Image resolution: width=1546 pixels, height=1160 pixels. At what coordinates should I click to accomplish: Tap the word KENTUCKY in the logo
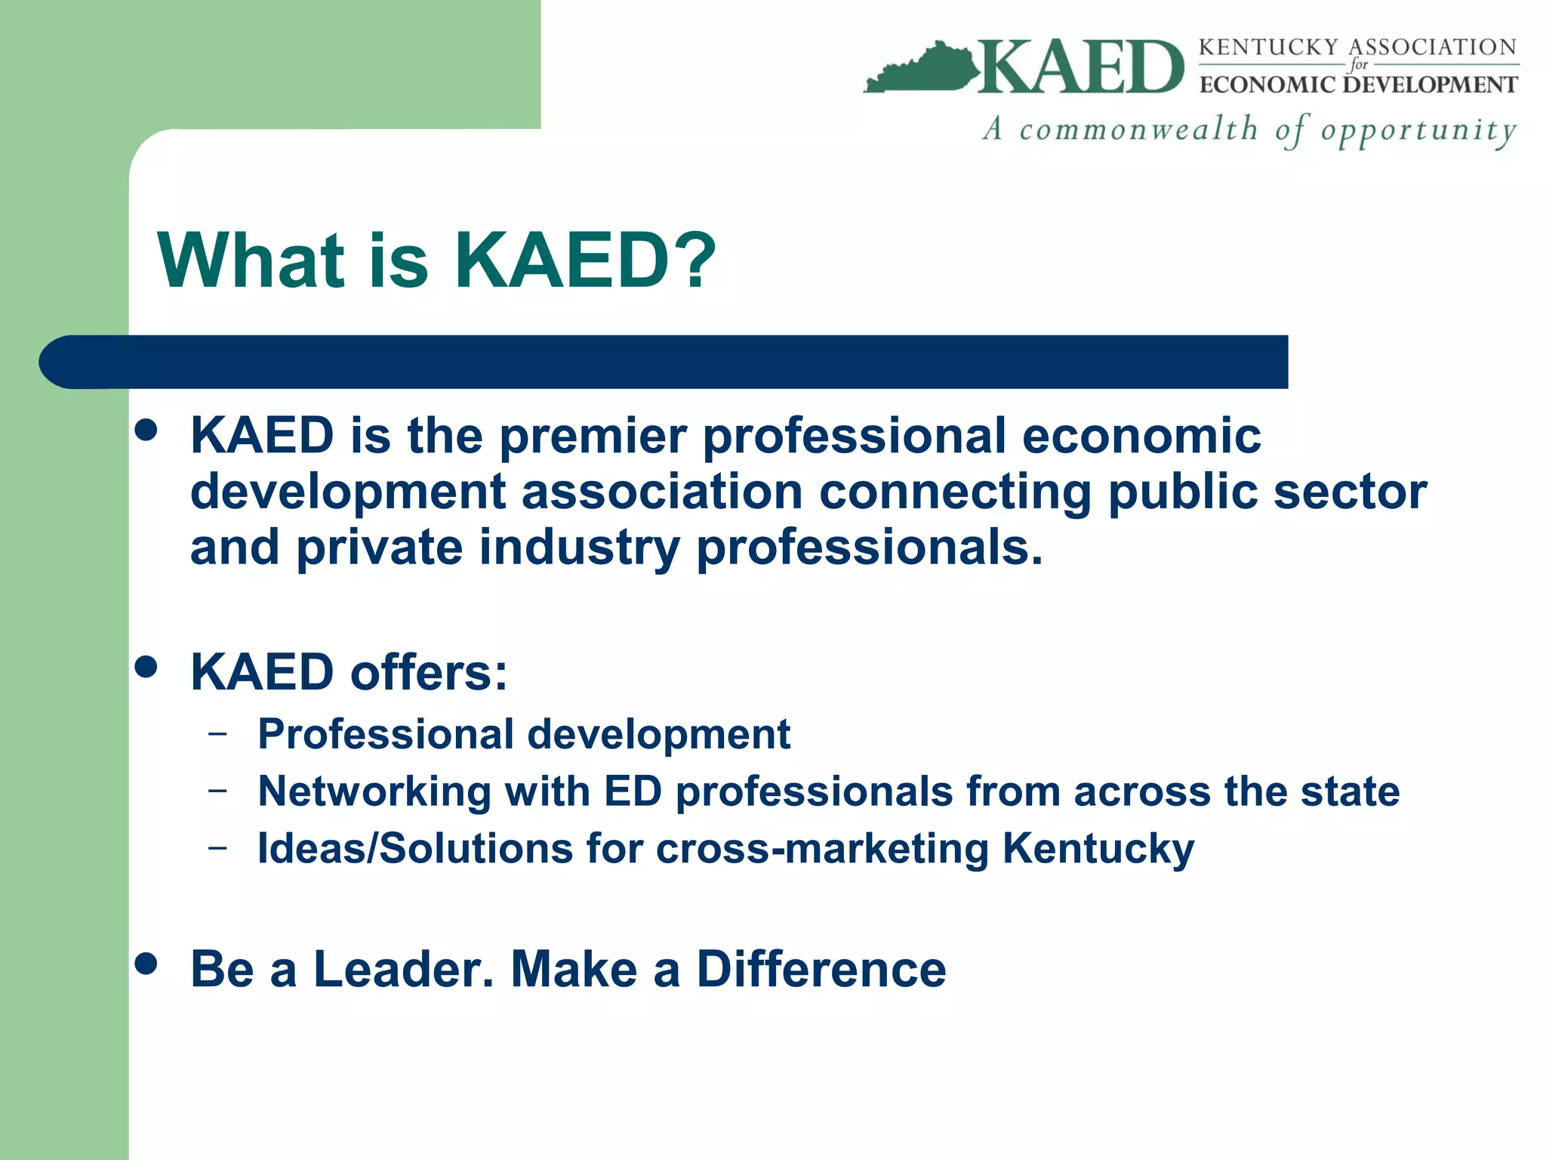tap(1268, 47)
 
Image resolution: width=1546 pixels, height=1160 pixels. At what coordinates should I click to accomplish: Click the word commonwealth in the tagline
tap(1138, 129)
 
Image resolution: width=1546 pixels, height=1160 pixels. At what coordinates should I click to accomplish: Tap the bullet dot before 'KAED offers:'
tap(146, 668)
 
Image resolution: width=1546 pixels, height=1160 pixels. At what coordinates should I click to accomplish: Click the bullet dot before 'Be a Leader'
tap(146, 964)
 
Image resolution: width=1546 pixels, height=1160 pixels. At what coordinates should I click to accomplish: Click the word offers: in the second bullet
tap(429, 672)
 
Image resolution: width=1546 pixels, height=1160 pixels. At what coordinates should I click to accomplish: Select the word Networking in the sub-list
tap(374, 792)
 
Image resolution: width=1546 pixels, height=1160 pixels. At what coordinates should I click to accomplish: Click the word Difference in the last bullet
tap(821, 969)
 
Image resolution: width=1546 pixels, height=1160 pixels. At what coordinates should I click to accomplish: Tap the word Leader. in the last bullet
tap(403, 969)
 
